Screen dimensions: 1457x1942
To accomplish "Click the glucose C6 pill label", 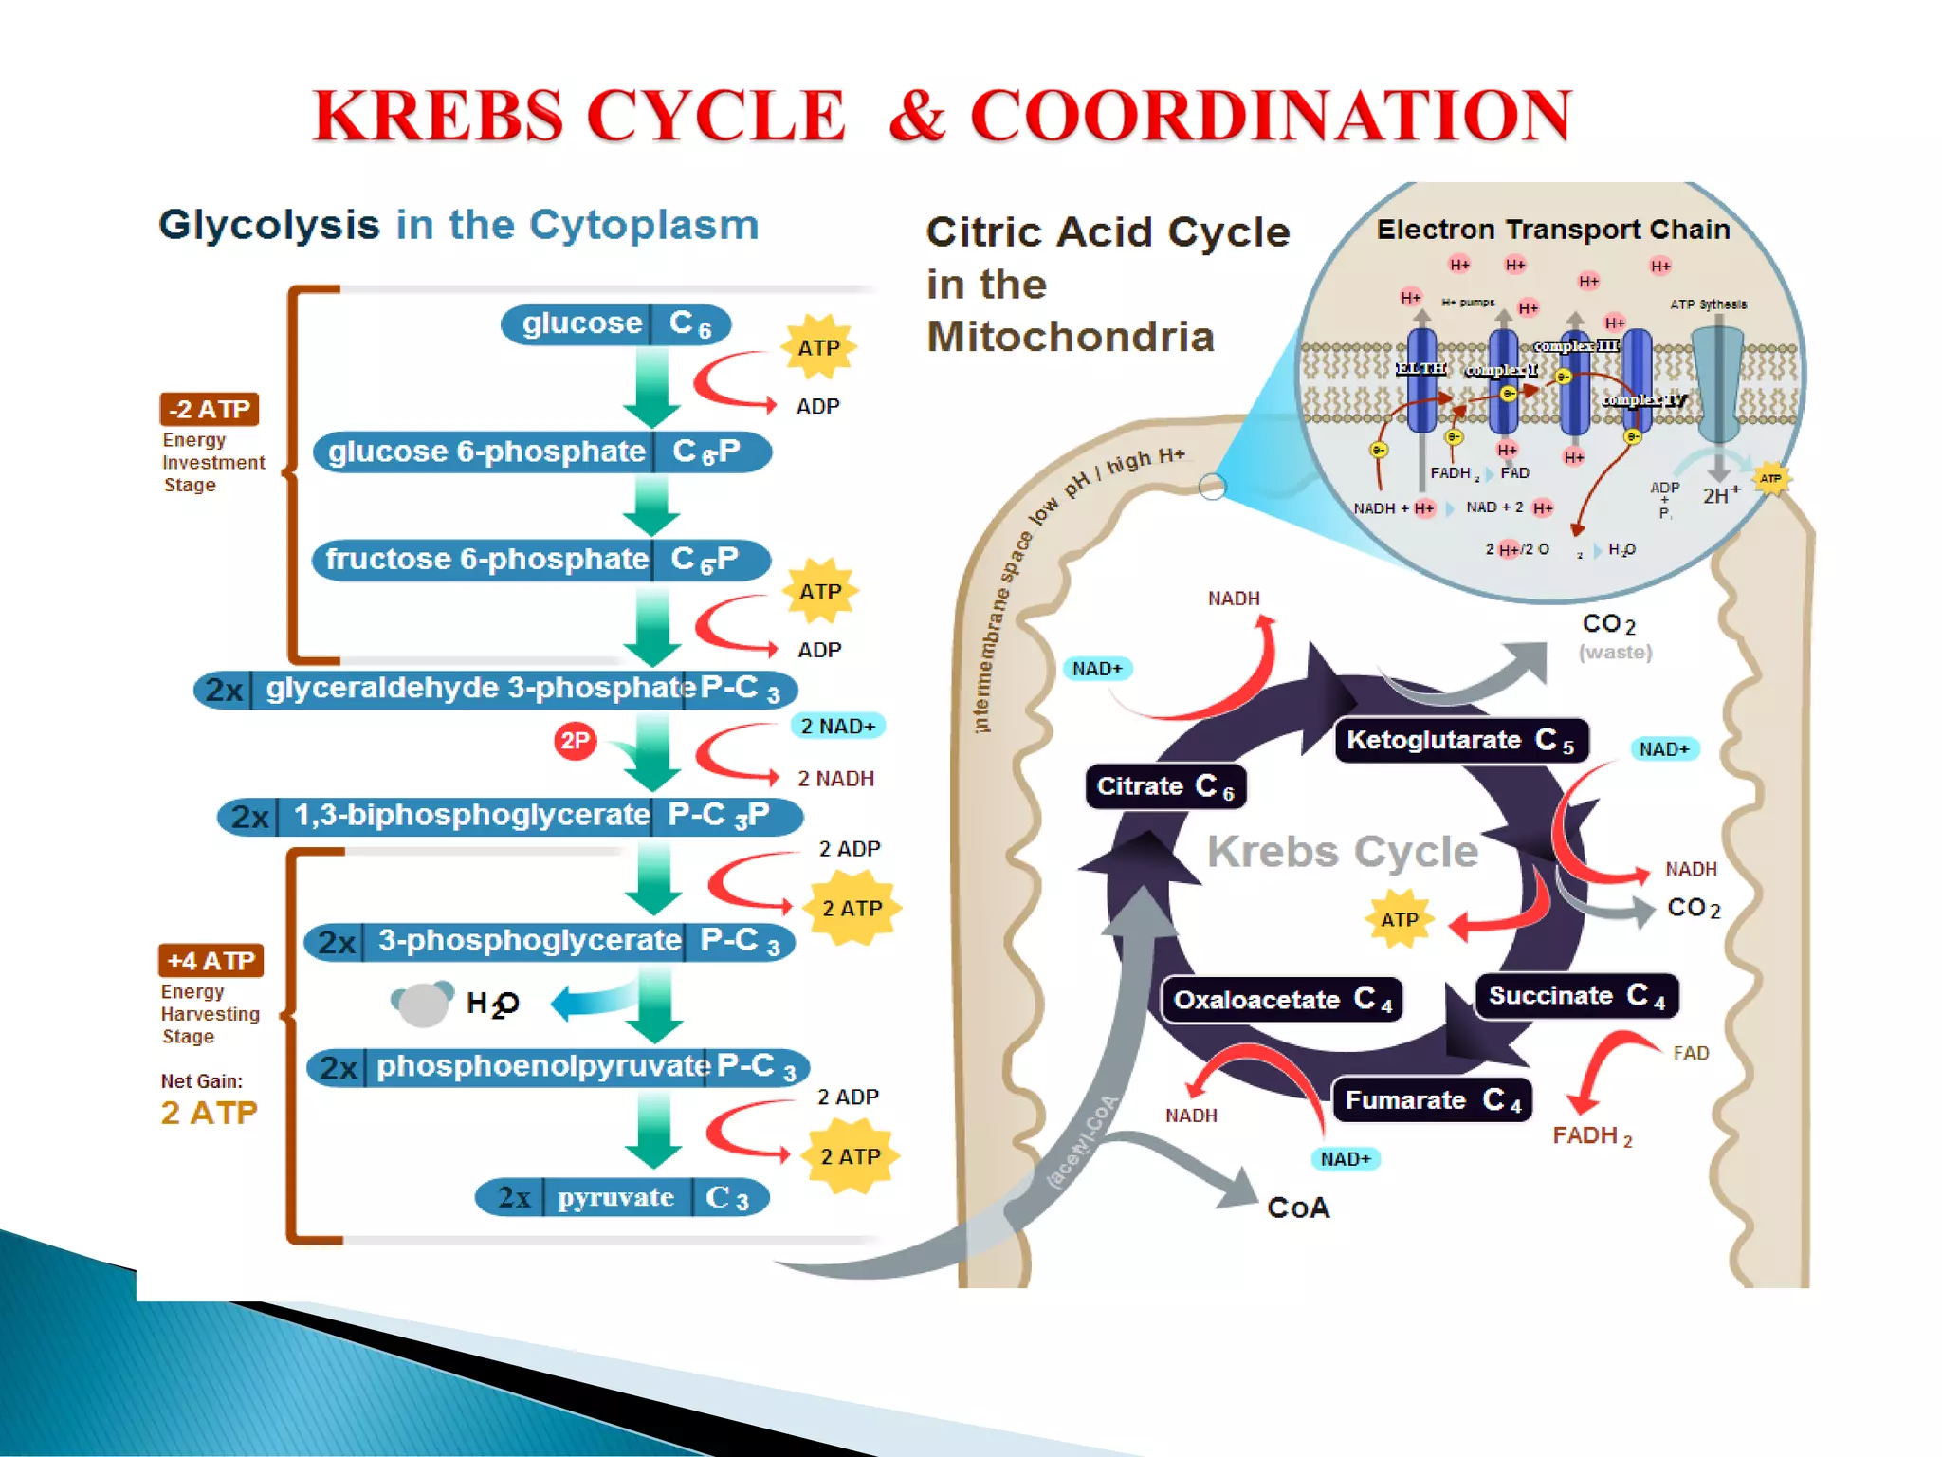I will coord(615,323).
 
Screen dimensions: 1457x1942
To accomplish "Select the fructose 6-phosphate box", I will coord(540,560).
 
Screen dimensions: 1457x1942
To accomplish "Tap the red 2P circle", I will coord(576,741).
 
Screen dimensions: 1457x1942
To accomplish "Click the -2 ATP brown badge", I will coord(209,410).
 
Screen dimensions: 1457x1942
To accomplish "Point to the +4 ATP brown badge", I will coord(211,961).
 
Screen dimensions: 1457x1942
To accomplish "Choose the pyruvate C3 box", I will coord(622,1197).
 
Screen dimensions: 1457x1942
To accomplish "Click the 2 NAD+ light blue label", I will coord(837,727).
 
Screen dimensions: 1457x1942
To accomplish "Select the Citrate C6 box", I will coord(1164,786).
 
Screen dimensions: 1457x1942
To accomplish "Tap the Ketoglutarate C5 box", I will coord(1460,740).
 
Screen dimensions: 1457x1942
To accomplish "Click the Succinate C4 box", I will coord(1576,996).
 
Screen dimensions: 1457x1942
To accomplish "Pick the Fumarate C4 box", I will coord(1432,1100).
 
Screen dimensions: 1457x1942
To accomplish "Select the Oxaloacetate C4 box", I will coord(1282,1000).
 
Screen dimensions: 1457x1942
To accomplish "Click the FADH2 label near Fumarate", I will coord(1592,1135).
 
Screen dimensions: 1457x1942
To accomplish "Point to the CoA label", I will coord(1298,1208).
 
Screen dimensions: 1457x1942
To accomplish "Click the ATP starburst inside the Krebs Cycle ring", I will coord(1400,919).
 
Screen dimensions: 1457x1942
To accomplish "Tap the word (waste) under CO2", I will coord(1615,653).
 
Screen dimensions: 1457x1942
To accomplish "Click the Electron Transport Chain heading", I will coord(1552,230).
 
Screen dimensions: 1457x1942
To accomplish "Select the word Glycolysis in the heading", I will coord(269,226).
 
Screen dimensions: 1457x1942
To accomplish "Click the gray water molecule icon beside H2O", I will coord(422,1004).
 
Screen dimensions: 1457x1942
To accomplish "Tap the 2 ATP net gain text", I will coord(209,1113).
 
